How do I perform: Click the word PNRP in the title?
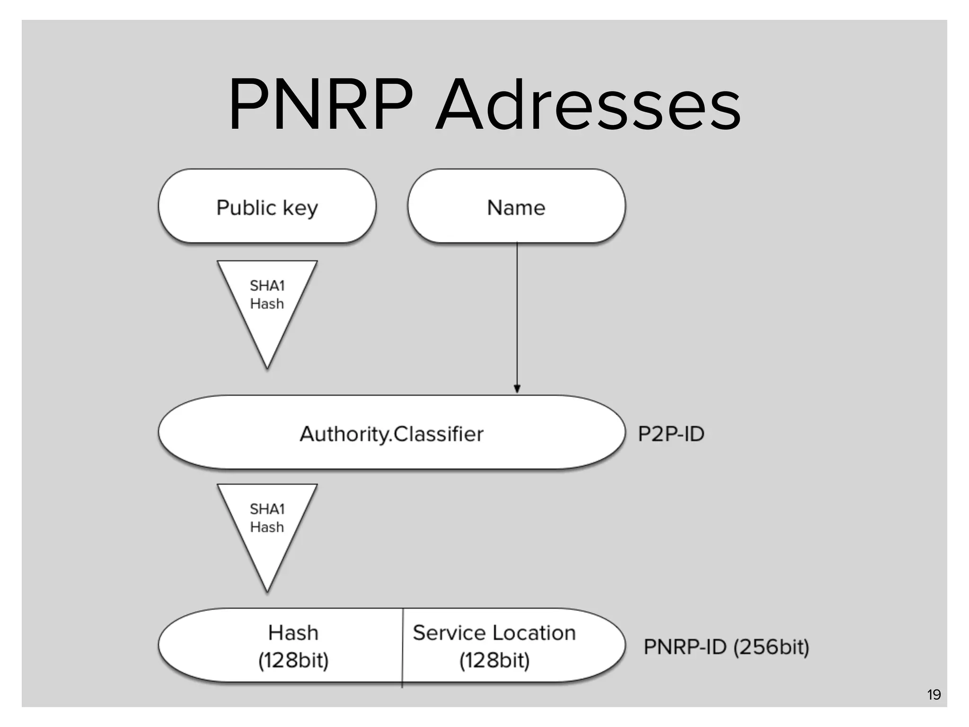tap(321, 105)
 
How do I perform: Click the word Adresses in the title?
tap(588, 105)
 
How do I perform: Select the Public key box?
tap(267, 206)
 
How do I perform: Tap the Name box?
tap(516, 207)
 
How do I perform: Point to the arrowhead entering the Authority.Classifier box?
tap(517, 389)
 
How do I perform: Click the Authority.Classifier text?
tap(392, 434)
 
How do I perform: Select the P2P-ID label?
tap(671, 434)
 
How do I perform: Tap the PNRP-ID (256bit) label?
tap(726, 647)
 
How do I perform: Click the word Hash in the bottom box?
tap(293, 632)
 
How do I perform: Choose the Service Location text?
tap(494, 632)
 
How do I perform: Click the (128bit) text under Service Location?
tap(494, 660)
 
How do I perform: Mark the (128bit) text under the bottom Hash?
tap(293, 660)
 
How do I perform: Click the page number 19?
tap(934, 694)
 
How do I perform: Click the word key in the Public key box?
tap(300, 208)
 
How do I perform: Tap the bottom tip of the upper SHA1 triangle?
tap(267, 366)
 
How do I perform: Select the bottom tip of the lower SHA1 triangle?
tap(267, 589)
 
